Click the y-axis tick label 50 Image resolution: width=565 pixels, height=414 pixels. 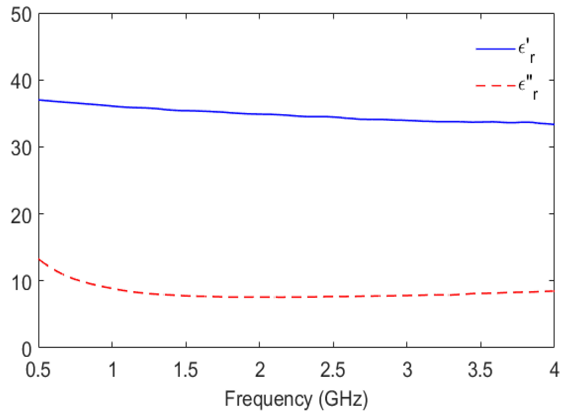[x=21, y=15]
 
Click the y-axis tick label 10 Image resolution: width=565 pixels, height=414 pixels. [x=21, y=282]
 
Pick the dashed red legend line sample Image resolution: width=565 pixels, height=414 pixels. [x=496, y=86]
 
